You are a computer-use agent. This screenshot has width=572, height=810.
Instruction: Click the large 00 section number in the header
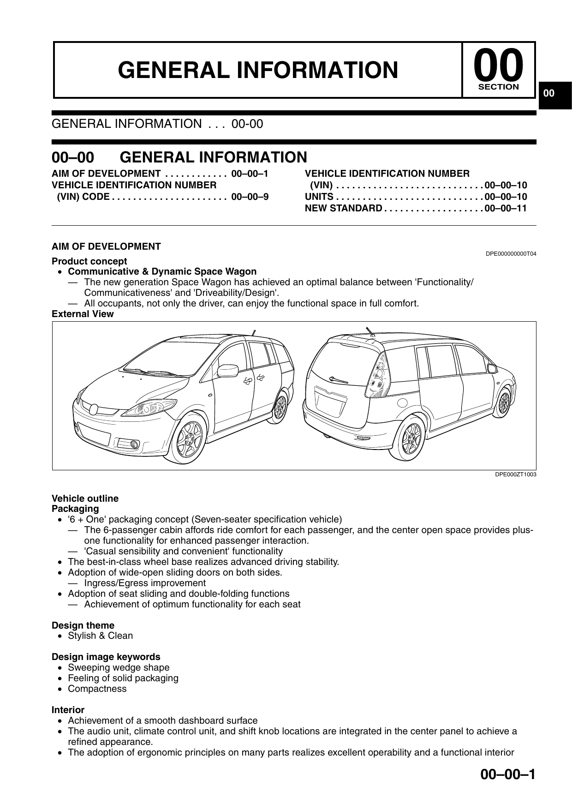click(499, 66)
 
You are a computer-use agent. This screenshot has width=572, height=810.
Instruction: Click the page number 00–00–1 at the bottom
click(508, 774)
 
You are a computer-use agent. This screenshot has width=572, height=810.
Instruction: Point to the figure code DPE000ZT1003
click(515, 474)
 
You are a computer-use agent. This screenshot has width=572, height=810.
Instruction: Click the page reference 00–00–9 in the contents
click(250, 197)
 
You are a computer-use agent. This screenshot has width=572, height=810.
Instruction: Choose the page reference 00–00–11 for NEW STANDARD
click(506, 209)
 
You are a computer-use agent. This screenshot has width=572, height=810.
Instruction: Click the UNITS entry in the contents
click(319, 197)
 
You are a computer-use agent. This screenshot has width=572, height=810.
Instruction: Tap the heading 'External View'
click(83, 314)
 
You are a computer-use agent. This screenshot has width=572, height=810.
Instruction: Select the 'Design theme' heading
click(83, 625)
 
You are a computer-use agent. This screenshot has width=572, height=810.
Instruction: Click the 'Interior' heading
click(68, 710)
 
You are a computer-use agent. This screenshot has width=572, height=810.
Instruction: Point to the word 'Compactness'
click(97, 689)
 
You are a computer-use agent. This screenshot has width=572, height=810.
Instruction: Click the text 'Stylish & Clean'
click(100, 636)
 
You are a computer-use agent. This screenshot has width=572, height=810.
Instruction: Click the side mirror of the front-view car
click(227, 370)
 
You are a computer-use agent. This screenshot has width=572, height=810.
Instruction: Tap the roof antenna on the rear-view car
click(369, 331)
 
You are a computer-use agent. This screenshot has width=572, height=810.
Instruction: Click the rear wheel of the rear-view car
click(412, 437)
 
